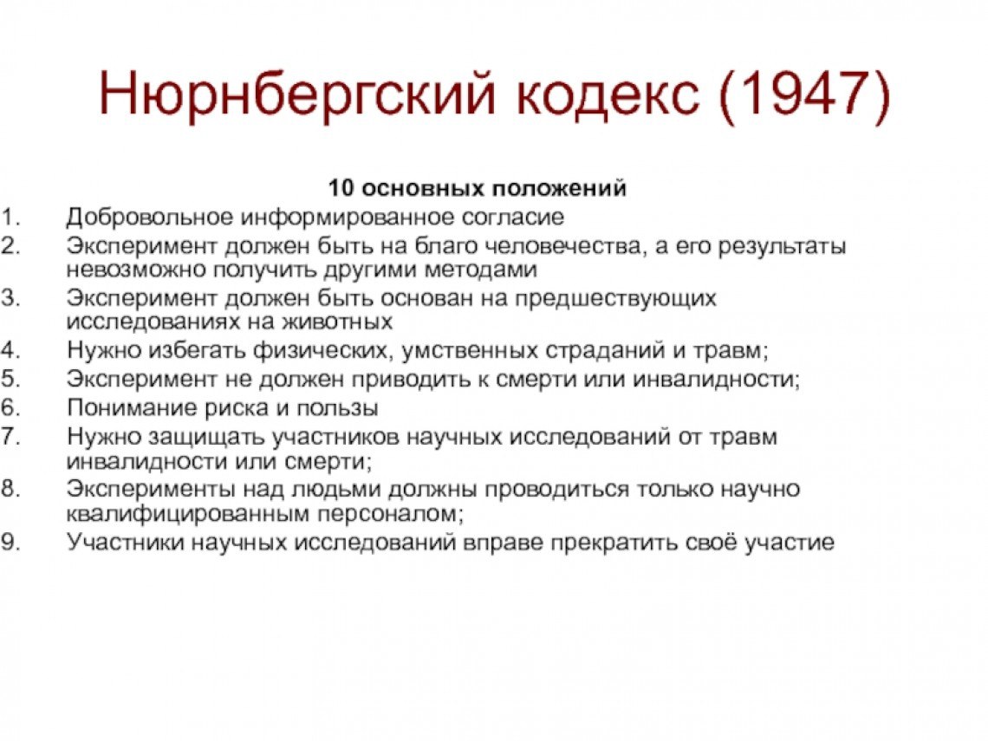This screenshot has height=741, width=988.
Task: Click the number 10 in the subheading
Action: pyautogui.click(x=343, y=188)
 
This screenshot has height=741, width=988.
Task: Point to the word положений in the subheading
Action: pyautogui.click(x=559, y=188)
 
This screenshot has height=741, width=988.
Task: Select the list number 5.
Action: pyautogui.click(x=10, y=379)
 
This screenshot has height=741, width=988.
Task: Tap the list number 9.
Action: pyautogui.click(x=10, y=542)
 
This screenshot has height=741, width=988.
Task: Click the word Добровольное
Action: pyautogui.click(x=150, y=218)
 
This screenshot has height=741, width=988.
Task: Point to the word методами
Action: pyautogui.click(x=481, y=270)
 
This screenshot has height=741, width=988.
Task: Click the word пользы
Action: pyautogui.click(x=337, y=408)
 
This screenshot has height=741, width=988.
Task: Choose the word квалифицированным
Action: pyautogui.click(x=188, y=514)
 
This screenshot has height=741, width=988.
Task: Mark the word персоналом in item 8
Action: pyautogui.click(x=389, y=514)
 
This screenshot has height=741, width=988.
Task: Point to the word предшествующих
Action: pyautogui.click(x=615, y=297)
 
